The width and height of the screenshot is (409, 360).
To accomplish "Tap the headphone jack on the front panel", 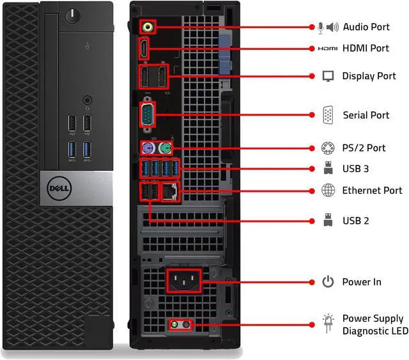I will click(88, 100).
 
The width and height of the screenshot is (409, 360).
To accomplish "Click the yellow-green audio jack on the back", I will click(149, 27).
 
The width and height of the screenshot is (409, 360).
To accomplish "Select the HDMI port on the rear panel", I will click(145, 49).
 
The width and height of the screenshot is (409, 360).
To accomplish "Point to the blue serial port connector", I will click(148, 116).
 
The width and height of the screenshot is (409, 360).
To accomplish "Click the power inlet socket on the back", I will click(183, 281).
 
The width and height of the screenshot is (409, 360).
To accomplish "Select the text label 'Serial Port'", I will click(366, 115).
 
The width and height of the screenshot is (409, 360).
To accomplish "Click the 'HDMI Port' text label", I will click(366, 48).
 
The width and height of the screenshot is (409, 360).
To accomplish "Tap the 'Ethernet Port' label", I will click(372, 190).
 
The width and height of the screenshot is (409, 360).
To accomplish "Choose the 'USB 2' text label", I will click(355, 221).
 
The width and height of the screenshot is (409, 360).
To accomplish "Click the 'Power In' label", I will click(362, 281).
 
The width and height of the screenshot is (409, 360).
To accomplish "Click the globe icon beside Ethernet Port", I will click(328, 190).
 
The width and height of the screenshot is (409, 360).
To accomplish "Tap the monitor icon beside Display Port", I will click(328, 76).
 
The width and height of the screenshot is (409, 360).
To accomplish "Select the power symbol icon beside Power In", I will click(328, 281).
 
